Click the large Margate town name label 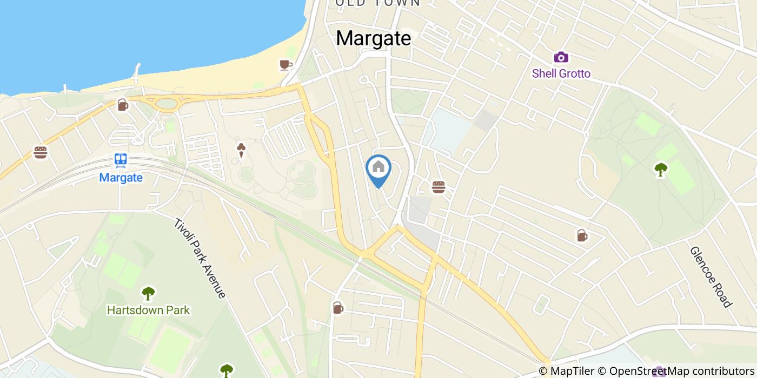[x=373, y=38]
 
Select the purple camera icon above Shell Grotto [x=561, y=57]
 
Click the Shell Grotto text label [x=561, y=73]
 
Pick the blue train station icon [x=121, y=160]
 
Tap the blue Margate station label [x=121, y=178]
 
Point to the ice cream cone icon [x=241, y=150]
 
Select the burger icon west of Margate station [x=41, y=152]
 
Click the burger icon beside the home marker [x=439, y=187]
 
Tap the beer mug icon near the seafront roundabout [x=123, y=105]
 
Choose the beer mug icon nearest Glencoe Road [x=582, y=235]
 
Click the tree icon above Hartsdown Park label [x=148, y=293]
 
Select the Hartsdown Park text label [x=148, y=310]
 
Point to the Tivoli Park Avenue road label [x=200, y=258]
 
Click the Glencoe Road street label [x=710, y=276]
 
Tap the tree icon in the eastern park [x=660, y=170]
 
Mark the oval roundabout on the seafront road [x=167, y=103]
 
